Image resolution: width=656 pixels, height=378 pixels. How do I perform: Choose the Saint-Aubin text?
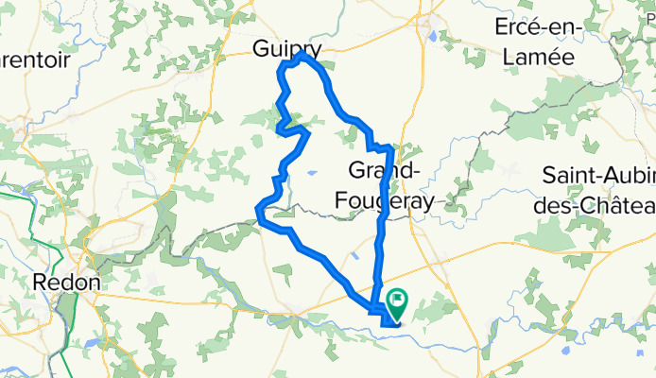click(x=599, y=176)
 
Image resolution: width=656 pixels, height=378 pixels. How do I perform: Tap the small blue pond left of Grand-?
click(x=311, y=174)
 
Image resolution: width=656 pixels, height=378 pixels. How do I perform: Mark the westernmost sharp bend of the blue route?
click(x=258, y=212)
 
